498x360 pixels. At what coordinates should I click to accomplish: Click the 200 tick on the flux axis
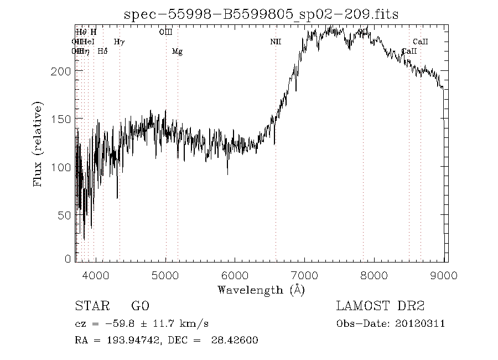pyautogui.click(x=61, y=71)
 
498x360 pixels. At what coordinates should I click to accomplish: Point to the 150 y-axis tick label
pyautogui.click(x=61, y=119)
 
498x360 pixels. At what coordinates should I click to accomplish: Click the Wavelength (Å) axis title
pyautogui.click(x=261, y=289)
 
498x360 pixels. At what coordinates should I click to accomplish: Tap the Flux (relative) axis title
pyautogui.click(x=38, y=144)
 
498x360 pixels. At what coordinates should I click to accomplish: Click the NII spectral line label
pyautogui.click(x=276, y=42)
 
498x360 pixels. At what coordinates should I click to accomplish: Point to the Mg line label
pyautogui.click(x=177, y=52)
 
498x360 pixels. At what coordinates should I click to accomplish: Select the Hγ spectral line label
pyautogui.click(x=119, y=42)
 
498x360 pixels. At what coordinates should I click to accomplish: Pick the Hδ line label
pyautogui.click(x=102, y=52)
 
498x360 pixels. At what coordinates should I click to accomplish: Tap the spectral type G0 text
pyautogui.click(x=140, y=306)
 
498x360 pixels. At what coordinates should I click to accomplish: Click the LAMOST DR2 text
pyautogui.click(x=380, y=306)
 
